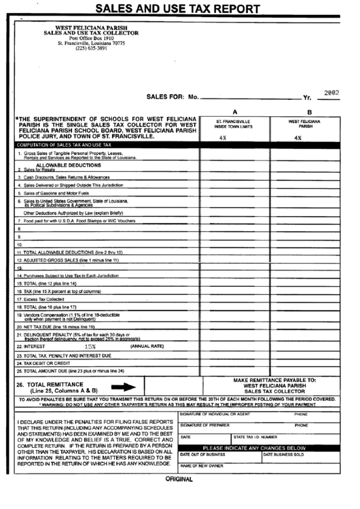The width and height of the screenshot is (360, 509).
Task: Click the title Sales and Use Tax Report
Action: pyautogui.click(x=177, y=10)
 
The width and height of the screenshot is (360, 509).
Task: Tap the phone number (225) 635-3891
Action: pyautogui.click(x=91, y=48)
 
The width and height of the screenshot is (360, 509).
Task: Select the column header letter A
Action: pyautogui.click(x=234, y=112)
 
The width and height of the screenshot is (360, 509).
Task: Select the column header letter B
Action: pyautogui.click(x=309, y=112)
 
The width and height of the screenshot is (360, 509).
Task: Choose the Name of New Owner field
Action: pyautogui.click(x=202, y=466)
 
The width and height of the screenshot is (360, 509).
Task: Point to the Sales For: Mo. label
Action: pyautogui.click(x=173, y=97)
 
